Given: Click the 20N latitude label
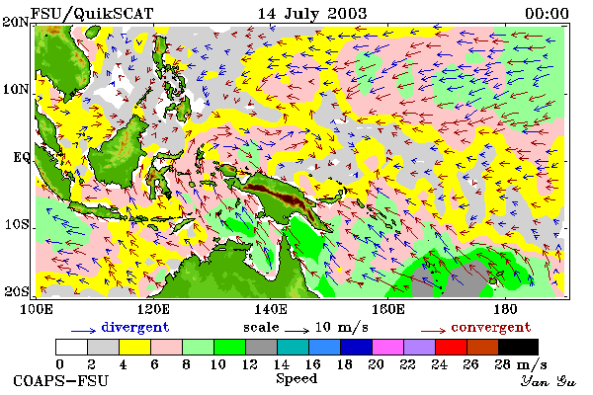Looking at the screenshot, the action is click(x=16, y=22).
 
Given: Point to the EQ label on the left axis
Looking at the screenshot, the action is click(x=22, y=157).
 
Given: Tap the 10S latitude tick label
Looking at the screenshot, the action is click(x=17, y=224).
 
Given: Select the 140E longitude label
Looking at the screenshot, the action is click(x=270, y=309).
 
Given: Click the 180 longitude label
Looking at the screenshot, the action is click(x=505, y=309).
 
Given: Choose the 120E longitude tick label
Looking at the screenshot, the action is click(x=153, y=309).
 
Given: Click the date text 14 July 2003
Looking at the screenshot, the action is click(x=312, y=14).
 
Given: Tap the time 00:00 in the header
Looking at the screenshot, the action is click(x=547, y=14).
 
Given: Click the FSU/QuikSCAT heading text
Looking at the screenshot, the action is click(x=92, y=14).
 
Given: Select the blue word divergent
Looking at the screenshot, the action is click(x=135, y=327).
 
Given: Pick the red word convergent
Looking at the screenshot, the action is click(x=491, y=327).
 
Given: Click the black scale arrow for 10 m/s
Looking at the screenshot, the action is click(x=296, y=331).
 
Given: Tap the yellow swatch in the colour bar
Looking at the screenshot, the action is click(x=134, y=347).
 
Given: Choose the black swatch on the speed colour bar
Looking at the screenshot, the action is click(x=518, y=347).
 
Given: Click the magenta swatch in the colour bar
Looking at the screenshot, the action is click(x=387, y=347).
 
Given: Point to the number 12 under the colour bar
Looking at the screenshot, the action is click(x=250, y=364).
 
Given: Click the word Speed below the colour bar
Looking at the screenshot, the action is click(x=296, y=379).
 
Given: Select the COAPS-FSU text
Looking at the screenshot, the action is click(x=60, y=380).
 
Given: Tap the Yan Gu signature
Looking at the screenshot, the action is click(x=549, y=380).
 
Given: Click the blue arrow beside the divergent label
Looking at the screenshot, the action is click(x=84, y=331).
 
